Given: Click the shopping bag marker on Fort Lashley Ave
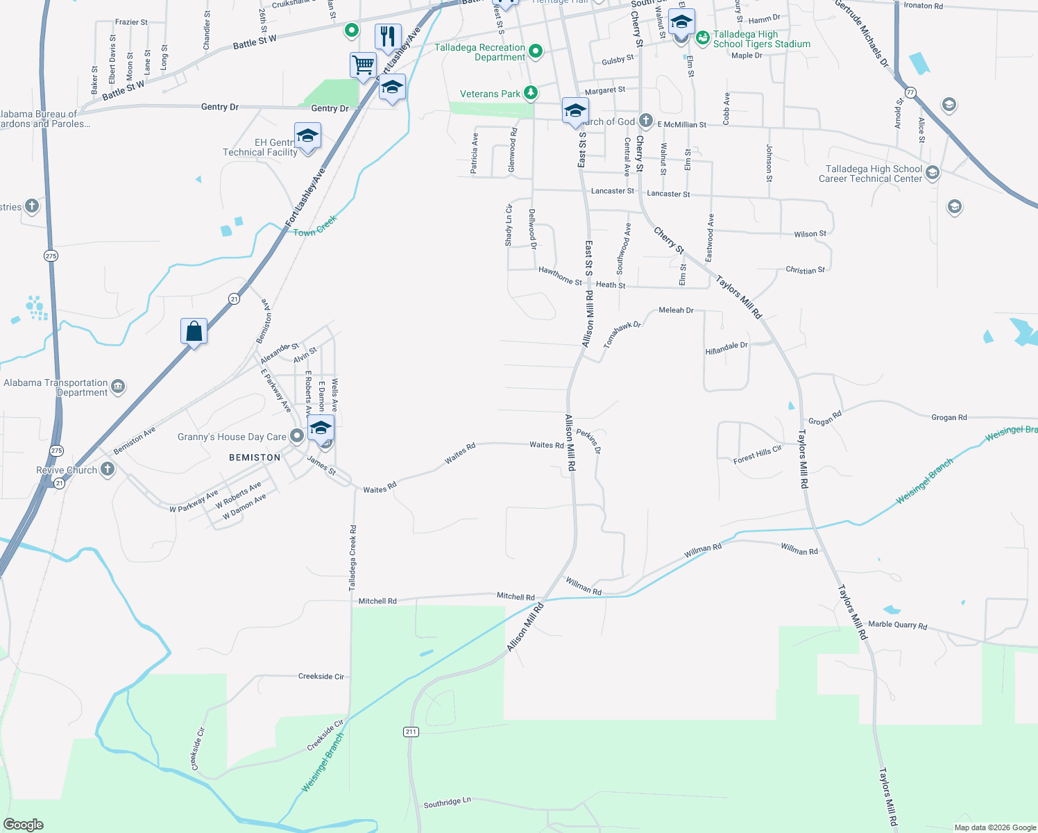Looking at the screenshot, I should [x=194, y=331].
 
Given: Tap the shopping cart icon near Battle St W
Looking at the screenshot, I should [x=363, y=65].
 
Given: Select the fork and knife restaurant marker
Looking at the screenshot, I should [x=388, y=35].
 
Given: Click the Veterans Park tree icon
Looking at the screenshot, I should [x=531, y=92].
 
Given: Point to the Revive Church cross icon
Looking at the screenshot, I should [x=107, y=469].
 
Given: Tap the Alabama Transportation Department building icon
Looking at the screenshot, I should [x=118, y=387].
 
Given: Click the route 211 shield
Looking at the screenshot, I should [x=411, y=732].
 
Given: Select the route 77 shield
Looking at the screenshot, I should [x=910, y=92].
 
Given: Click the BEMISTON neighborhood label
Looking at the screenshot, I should [x=255, y=457].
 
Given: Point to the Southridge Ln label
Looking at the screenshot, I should [x=447, y=802].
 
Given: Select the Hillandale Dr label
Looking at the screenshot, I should [x=726, y=348].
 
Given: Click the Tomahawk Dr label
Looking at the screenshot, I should [x=622, y=334].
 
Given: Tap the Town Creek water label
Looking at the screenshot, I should [x=314, y=226].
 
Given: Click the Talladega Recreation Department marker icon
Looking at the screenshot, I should [x=536, y=51].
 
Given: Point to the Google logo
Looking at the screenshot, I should [x=24, y=824].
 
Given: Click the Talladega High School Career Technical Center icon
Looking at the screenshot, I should [x=933, y=173].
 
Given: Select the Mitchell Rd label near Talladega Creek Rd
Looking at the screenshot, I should [x=377, y=601].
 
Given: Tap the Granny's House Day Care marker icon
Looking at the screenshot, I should [x=297, y=436].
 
